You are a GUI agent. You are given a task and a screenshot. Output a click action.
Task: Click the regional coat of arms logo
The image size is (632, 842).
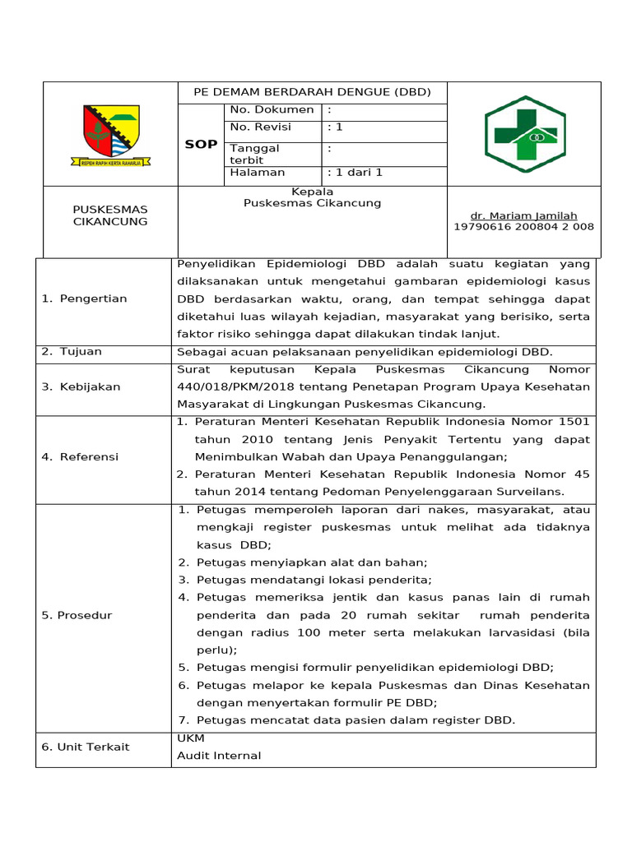point(110,135)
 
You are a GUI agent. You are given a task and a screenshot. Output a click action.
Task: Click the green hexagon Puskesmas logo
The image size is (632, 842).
point(524,133)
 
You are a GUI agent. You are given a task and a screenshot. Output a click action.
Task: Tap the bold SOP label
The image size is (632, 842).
point(201,144)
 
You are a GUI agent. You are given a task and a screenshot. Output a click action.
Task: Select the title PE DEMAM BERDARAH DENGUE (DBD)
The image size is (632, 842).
point(312,92)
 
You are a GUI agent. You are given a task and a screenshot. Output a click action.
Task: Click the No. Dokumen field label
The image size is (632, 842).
point(272,109)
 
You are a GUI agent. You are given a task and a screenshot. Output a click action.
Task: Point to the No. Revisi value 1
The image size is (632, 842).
point(335,127)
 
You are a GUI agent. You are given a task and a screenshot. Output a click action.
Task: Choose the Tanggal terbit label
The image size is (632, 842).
point(255,154)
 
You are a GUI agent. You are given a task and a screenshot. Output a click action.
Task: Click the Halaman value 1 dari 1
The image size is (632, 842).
point(355,173)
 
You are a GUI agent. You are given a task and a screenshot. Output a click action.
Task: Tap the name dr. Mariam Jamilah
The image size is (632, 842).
point(523,215)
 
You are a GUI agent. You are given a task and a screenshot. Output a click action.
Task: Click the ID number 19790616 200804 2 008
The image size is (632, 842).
point(523,227)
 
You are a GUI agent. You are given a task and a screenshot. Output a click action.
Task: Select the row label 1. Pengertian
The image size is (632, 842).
point(84,298)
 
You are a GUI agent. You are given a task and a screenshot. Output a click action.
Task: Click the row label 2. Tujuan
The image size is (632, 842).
point(72,351)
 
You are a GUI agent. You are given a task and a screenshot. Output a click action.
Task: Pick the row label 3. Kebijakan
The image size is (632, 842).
point(81,386)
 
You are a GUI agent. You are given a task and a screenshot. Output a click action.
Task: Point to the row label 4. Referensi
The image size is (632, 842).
point(80,456)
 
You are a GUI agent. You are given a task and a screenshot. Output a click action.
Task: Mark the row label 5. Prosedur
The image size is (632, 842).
point(77,615)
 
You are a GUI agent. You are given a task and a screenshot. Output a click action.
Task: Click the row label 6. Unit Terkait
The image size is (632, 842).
point(86,747)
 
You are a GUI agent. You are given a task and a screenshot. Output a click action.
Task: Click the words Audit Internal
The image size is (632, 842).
point(219,756)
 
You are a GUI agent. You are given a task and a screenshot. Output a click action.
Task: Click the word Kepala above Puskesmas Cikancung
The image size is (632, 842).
point(313,192)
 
